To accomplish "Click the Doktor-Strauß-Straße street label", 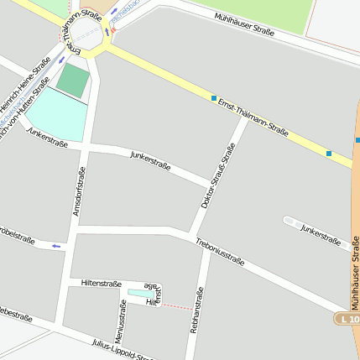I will point(218,175).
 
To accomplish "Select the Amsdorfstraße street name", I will point(80,191).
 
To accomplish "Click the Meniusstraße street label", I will point(121,320).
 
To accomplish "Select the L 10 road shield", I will point(348,319).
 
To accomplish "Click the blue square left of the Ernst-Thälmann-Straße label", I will point(214,97).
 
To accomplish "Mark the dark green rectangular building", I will point(72,81).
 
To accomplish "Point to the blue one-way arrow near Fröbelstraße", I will point(57,246).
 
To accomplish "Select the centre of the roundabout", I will point(85,34).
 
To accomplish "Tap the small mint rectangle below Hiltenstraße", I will point(135,293).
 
